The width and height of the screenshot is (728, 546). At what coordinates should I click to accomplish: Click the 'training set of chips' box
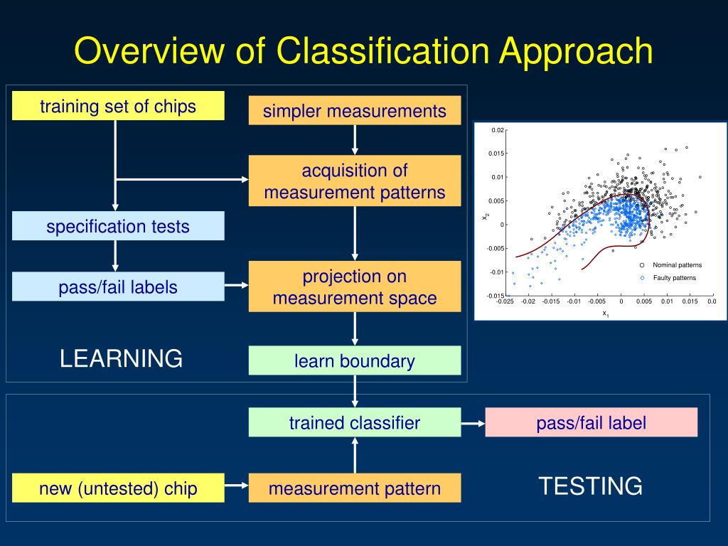point(118,106)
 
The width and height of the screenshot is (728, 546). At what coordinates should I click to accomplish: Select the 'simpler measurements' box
point(355,110)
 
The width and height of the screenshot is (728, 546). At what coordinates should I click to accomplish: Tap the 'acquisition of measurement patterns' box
point(355,181)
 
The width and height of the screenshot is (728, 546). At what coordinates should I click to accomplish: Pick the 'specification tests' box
point(118,226)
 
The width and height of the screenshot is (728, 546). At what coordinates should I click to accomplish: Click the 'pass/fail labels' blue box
point(118,287)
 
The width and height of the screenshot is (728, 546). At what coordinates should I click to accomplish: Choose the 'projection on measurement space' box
point(355,287)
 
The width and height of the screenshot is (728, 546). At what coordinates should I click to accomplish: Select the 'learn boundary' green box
point(355,360)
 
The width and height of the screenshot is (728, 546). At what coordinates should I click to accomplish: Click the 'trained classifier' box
point(355,422)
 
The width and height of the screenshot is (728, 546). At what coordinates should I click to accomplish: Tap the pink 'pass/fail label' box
point(591,422)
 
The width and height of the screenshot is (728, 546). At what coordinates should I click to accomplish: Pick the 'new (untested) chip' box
point(118,488)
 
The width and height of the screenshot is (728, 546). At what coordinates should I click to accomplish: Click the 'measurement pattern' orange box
point(355,488)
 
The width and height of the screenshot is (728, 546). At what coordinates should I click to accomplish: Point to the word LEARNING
point(121,358)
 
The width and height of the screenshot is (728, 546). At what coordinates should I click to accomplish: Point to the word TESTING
point(591,486)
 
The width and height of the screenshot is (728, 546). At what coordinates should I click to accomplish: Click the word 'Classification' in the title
point(382,50)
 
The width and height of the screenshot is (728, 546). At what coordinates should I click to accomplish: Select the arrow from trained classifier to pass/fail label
point(473,424)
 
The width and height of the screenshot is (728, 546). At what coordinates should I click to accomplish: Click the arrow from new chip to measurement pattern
point(236,486)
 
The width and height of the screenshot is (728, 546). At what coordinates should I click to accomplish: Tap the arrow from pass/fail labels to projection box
point(236,285)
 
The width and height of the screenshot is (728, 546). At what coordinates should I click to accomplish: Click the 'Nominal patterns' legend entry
point(671,265)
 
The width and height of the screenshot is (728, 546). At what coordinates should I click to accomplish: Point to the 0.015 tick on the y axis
point(496,154)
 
